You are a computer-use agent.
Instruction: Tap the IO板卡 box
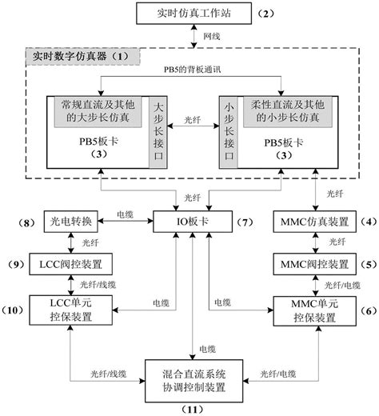191,219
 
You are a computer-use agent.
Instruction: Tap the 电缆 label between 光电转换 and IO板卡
126,214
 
